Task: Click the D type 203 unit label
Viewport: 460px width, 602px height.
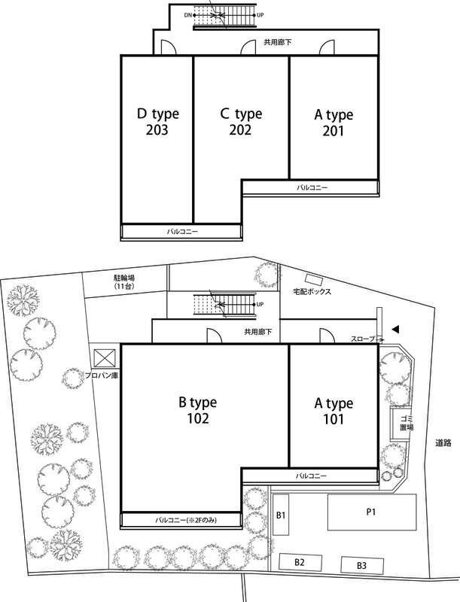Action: coord(158,122)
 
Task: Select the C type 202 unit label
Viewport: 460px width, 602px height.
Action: coord(241,122)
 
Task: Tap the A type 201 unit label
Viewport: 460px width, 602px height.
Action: coord(334,123)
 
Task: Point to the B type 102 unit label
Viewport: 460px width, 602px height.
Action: coord(198,410)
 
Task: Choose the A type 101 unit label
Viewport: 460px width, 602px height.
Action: coord(334,411)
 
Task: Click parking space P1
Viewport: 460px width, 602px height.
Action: coord(372,512)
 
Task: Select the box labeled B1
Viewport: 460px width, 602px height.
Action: coord(281,515)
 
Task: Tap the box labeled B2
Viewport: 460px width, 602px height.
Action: coord(300,562)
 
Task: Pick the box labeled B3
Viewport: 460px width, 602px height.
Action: coord(362,565)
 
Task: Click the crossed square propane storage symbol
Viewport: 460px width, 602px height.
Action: coord(105,358)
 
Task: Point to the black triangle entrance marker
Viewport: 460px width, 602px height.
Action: coord(395,329)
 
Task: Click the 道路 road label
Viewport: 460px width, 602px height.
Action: coord(443,443)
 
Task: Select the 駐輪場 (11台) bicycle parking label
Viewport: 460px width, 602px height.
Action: coord(124,281)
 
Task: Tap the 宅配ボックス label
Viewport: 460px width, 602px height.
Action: coord(312,292)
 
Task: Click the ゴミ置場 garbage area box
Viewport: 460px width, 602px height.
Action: coord(400,424)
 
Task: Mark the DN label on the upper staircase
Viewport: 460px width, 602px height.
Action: coord(187,15)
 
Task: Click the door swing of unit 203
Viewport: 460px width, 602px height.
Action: coord(168,47)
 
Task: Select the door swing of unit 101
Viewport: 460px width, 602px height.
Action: coord(327,335)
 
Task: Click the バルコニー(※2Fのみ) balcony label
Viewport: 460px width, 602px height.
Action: coord(186,521)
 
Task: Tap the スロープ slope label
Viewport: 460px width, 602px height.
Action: coord(363,339)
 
